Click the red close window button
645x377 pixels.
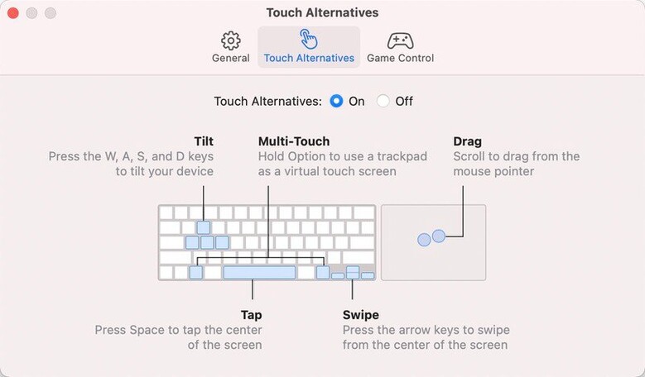13,13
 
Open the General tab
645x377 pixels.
231,47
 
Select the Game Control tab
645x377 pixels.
400,47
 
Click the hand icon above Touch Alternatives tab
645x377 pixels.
309,40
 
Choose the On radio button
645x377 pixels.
336,101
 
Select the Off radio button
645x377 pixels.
383,101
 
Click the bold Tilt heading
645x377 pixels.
204,141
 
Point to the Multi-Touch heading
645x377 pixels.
294,141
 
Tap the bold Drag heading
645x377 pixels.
467,141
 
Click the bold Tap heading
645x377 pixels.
252,315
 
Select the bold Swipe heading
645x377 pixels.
361,315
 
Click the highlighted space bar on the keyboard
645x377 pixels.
259,272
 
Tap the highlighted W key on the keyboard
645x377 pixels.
203,227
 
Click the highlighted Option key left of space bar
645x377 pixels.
195,272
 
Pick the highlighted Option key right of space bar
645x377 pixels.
323,272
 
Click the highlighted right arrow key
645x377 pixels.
368,275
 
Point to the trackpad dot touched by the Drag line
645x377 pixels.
439,236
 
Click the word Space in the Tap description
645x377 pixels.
148,330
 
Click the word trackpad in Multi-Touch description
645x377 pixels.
402,156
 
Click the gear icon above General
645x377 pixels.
231,41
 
